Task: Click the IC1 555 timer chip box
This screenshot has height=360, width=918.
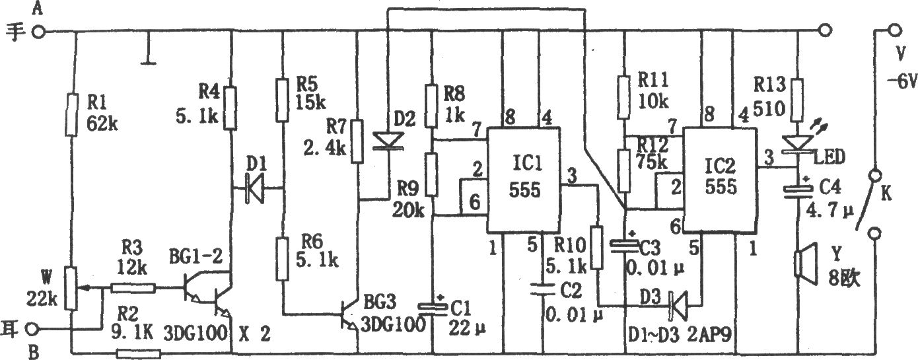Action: pyautogui.click(x=523, y=180)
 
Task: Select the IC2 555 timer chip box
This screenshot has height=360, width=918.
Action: pyautogui.click(x=720, y=180)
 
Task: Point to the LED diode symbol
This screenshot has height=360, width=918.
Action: pyautogui.click(x=798, y=144)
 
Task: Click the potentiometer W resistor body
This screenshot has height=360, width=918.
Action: pyautogui.click(x=71, y=289)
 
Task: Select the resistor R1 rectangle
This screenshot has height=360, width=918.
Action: pyautogui.click(x=71, y=114)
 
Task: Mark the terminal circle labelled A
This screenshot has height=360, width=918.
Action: pyautogui.click(x=38, y=32)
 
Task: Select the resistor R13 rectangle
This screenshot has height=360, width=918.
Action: pyautogui.click(x=797, y=100)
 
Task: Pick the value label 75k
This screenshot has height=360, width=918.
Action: pyautogui.click(x=651, y=162)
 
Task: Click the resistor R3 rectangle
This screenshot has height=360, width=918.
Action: pyautogui.click(x=133, y=288)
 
